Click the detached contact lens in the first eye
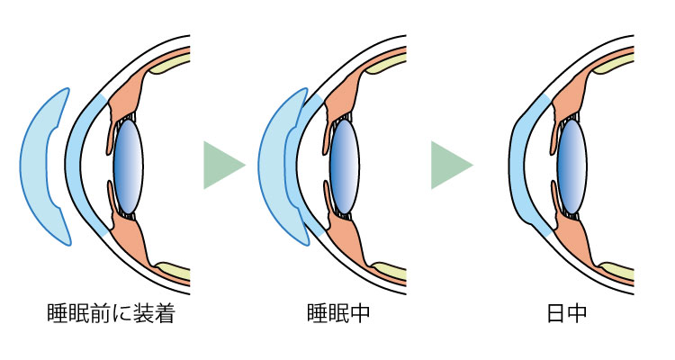[40, 166]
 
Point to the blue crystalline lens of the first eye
[127, 167]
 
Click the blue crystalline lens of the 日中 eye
[572, 167]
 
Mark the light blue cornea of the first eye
[73, 166]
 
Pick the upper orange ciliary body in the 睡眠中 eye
[346, 90]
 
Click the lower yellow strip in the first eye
[171, 270]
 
